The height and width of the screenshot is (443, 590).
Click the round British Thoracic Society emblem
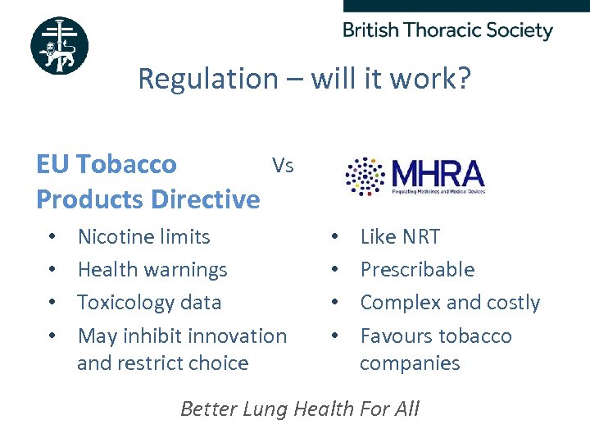(x=59, y=46)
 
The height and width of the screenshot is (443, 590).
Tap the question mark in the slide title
(x=463, y=79)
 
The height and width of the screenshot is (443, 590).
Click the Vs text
(x=283, y=166)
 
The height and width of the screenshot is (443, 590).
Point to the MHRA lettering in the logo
(x=438, y=173)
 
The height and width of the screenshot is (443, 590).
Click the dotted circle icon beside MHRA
(x=365, y=175)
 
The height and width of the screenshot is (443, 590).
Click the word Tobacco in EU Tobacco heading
(x=126, y=164)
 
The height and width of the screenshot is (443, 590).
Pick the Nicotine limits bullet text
(x=143, y=237)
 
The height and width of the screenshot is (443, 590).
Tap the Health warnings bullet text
(x=152, y=270)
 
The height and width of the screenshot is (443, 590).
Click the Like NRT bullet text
(x=400, y=237)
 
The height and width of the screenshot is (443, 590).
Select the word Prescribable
(x=417, y=270)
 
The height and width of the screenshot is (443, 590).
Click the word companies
(x=410, y=363)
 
